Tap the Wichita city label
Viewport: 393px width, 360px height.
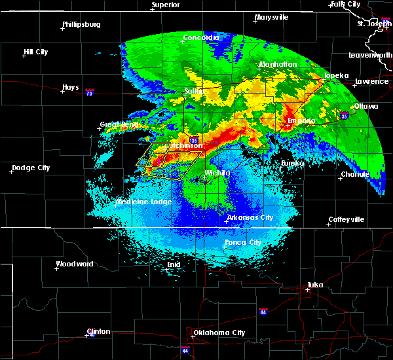pyautogui.click(x=217, y=173)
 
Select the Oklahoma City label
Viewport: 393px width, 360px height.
pyautogui.click(x=219, y=333)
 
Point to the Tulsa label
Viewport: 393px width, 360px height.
pyautogui.click(x=317, y=285)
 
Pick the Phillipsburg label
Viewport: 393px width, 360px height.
pyautogui.click(x=81, y=25)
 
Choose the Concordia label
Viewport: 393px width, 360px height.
pyautogui.click(x=200, y=38)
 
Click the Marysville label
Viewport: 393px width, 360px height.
pyautogui.click(x=272, y=17)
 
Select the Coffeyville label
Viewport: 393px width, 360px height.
pyautogui.click(x=346, y=220)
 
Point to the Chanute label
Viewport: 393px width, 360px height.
pyautogui.click(x=355, y=175)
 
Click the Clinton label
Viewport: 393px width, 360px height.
pyautogui.click(x=98, y=331)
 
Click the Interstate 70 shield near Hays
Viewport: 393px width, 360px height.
pyautogui.click(x=89, y=93)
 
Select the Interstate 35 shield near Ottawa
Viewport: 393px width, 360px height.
pyautogui.click(x=345, y=116)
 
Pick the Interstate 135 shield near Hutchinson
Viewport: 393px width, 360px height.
pyautogui.click(x=193, y=140)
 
